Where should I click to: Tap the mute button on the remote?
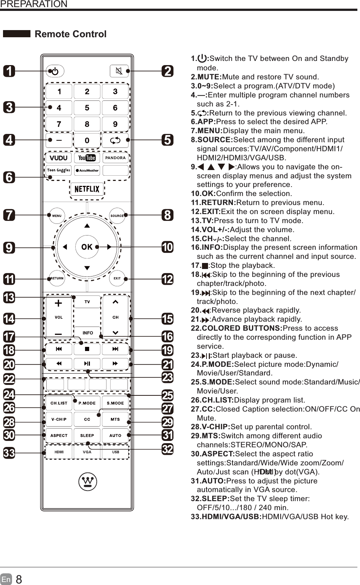[119, 71]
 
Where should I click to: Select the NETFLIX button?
[87, 189]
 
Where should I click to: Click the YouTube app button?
[87, 158]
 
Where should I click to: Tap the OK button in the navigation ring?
[87, 247]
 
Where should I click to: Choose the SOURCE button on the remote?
[117, 216]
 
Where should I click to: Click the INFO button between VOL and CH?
[88, 333]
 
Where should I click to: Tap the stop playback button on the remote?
[87, 349]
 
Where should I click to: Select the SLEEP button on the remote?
[87, 436]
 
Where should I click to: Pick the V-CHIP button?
[59, 419]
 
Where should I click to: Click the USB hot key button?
[115, 452]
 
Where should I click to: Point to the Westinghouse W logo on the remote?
[87, 482]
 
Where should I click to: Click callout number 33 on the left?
[9, 453]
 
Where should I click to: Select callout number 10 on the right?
[167, 247]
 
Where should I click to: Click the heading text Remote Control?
[70, 34]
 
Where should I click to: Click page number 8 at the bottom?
[19, 579]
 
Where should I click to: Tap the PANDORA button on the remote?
[115, 158]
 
